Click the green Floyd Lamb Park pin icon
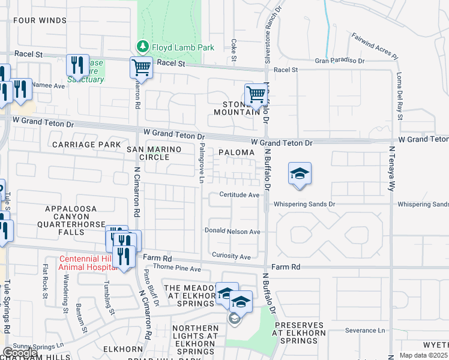[142, 46]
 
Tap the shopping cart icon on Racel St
[141, 67]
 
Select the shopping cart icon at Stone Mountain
[256, 95]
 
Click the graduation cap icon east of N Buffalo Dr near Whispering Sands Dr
[300, 174]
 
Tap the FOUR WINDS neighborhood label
[40, 20]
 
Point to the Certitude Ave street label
[239, 194]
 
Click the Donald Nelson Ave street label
[232, 231]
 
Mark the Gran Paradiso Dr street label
[340, 61]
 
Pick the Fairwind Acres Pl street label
[375, 46]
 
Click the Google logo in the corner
[19, 353]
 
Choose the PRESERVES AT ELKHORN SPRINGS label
[300, 333]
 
